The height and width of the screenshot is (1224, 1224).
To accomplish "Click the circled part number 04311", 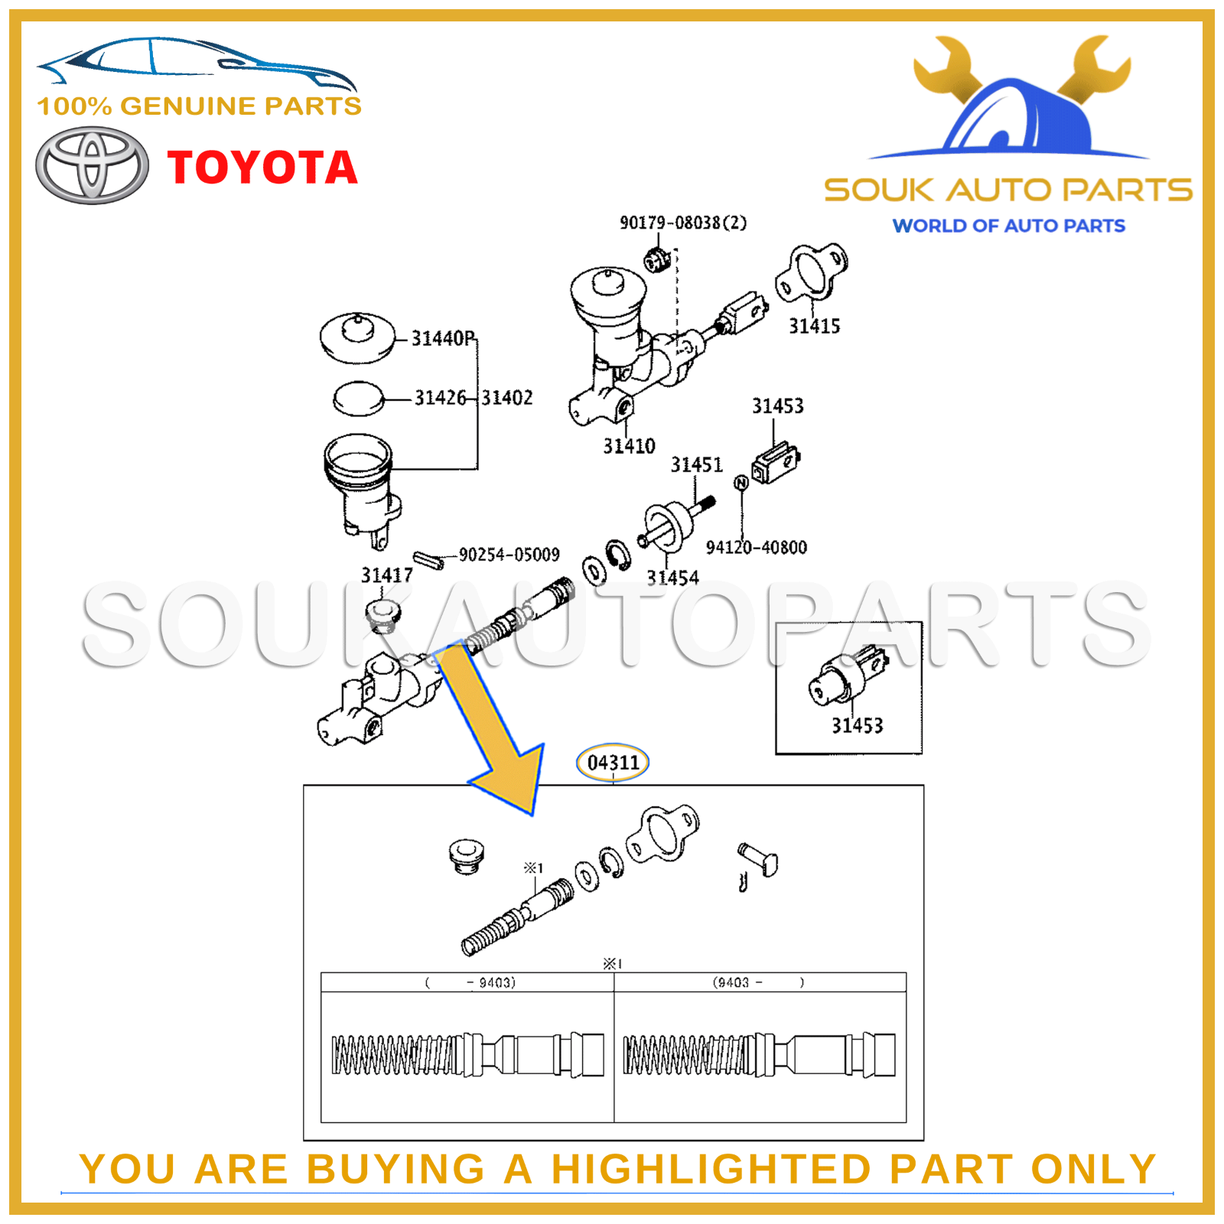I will [x=613, y=763].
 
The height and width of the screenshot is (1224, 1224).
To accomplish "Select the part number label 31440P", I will [x=443, y=338].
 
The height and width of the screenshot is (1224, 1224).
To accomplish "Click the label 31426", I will [x=440, y=398].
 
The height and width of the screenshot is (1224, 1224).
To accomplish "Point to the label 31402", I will [x=506, y=398].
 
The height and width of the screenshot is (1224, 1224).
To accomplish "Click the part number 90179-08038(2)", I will [x=682, y=223].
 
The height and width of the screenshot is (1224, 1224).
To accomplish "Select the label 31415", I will [x=814, y=327].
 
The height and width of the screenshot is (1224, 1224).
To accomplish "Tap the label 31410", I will [x=629, y=446].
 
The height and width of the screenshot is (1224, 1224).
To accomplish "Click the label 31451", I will [x=696, y=465].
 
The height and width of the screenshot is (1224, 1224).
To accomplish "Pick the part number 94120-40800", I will [x=756, y=548].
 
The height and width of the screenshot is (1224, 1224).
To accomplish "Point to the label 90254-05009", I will [x=509, y=555].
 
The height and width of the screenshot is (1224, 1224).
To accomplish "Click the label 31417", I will [x=386, y=575].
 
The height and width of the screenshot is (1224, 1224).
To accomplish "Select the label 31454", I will [x=672, y=578].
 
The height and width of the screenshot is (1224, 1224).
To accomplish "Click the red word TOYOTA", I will [x=262, y=168].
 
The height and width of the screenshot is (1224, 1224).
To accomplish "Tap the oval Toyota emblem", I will [x=93, y=165].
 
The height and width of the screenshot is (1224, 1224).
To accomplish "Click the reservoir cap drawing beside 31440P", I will [x=357, y=337].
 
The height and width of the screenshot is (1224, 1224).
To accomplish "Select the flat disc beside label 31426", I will [x=359, y=399].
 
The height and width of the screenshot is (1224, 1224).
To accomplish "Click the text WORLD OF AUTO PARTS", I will [x=1008, y=226].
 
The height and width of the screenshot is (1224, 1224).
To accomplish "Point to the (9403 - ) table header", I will [x=759, y=982].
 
